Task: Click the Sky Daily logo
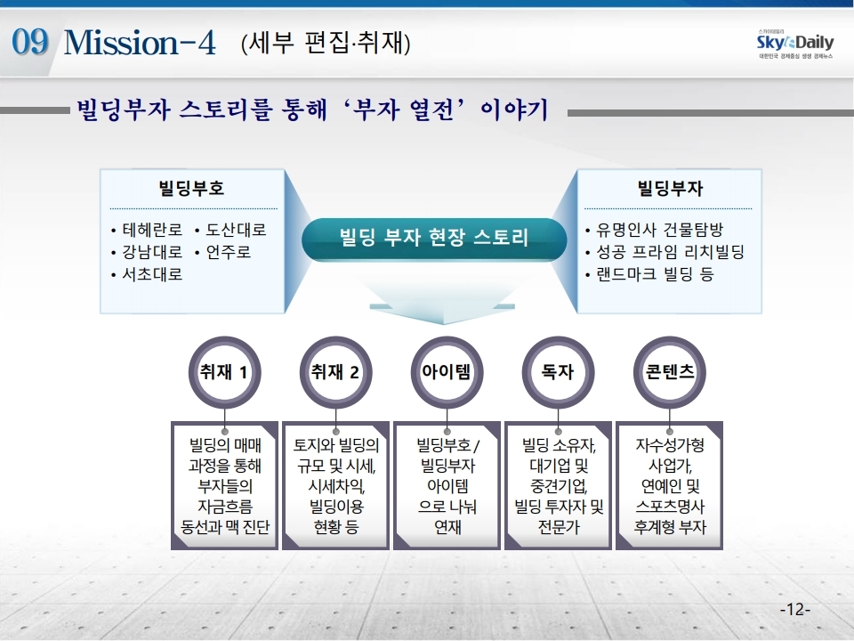(795, 44)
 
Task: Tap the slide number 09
(30, 42)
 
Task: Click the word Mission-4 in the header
(140, 43)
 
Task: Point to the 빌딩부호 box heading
(191, 188)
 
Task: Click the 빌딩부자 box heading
(670, 188)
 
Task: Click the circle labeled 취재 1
(224, 372)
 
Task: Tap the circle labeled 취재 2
(335, 372)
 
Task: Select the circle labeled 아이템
(447, 372)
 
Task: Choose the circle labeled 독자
(558, 372)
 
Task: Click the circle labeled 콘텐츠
(669, 372)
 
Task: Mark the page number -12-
(795, 609)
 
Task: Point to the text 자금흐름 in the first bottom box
(224, 507)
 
